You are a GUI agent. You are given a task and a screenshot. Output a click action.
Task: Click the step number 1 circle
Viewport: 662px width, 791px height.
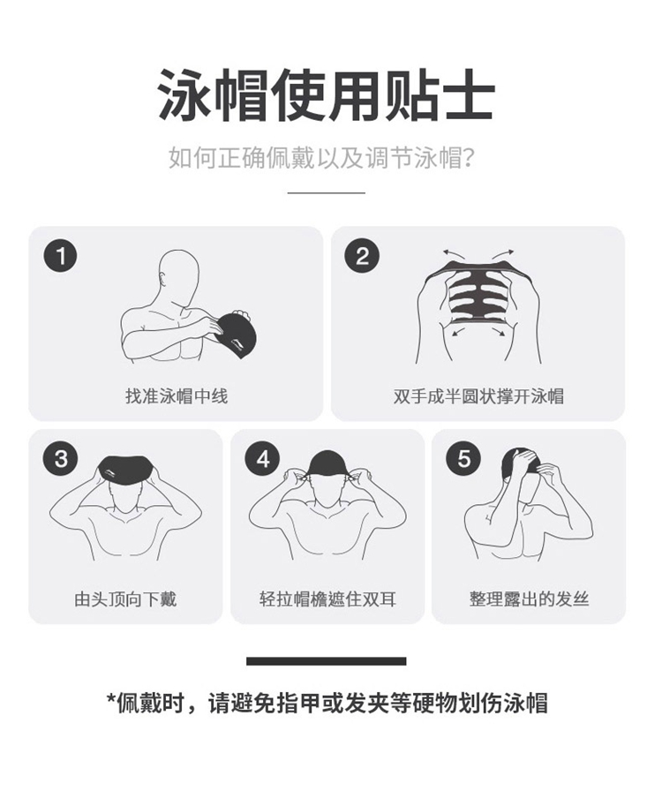point(61,256)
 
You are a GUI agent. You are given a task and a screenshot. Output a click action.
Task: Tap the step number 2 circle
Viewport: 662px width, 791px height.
point(362,256)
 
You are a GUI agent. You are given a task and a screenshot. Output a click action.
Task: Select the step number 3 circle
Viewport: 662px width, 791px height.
point(61,459)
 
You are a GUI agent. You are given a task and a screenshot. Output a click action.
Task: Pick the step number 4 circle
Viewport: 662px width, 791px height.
point(262,459)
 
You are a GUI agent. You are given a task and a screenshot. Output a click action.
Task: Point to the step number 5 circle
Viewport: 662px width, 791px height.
point(463,459)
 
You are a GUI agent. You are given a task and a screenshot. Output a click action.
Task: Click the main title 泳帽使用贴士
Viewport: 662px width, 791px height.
point(326,95)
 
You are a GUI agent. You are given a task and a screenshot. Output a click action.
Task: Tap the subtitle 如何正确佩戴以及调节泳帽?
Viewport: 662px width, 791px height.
point(322,158)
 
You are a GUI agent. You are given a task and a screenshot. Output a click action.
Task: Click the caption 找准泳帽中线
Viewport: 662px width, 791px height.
point(177,396)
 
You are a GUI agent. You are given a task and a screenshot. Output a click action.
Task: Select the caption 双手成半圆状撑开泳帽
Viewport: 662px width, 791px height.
point(478,396)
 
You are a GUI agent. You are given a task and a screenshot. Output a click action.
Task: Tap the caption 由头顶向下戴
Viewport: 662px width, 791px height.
point(125,599)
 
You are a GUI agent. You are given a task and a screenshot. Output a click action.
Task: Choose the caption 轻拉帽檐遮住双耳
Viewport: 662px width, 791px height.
point(327,599)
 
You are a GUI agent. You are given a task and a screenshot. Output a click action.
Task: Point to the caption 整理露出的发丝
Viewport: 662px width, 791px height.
point(529,599)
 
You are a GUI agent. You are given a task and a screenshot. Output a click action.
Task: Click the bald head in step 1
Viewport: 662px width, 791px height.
point(177,275)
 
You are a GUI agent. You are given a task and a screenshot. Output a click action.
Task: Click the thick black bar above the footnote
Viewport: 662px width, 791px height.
point(327,661)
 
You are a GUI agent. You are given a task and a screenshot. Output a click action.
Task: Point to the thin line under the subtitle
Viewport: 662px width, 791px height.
point(327,192)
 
